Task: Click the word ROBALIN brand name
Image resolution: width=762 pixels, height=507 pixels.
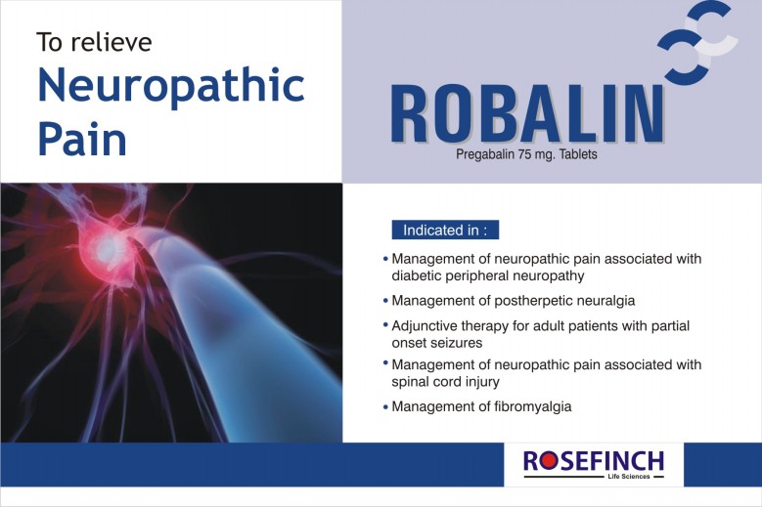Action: point(527,114)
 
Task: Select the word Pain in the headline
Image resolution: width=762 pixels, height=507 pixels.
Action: point(82,139)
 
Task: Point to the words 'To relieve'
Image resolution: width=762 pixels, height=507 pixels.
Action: point(94,42)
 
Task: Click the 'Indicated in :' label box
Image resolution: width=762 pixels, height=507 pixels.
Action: point(445,230)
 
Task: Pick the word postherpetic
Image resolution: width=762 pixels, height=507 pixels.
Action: point(533,301)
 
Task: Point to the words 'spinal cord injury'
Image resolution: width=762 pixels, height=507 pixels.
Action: point(446,382)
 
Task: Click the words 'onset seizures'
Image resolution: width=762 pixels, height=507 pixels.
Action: point(437,343)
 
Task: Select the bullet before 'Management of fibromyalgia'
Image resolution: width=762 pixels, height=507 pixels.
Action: point(385,406)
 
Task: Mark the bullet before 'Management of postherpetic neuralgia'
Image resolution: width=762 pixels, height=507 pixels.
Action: point(385,301)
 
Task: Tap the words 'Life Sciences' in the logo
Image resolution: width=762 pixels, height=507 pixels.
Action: point(628,477)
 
